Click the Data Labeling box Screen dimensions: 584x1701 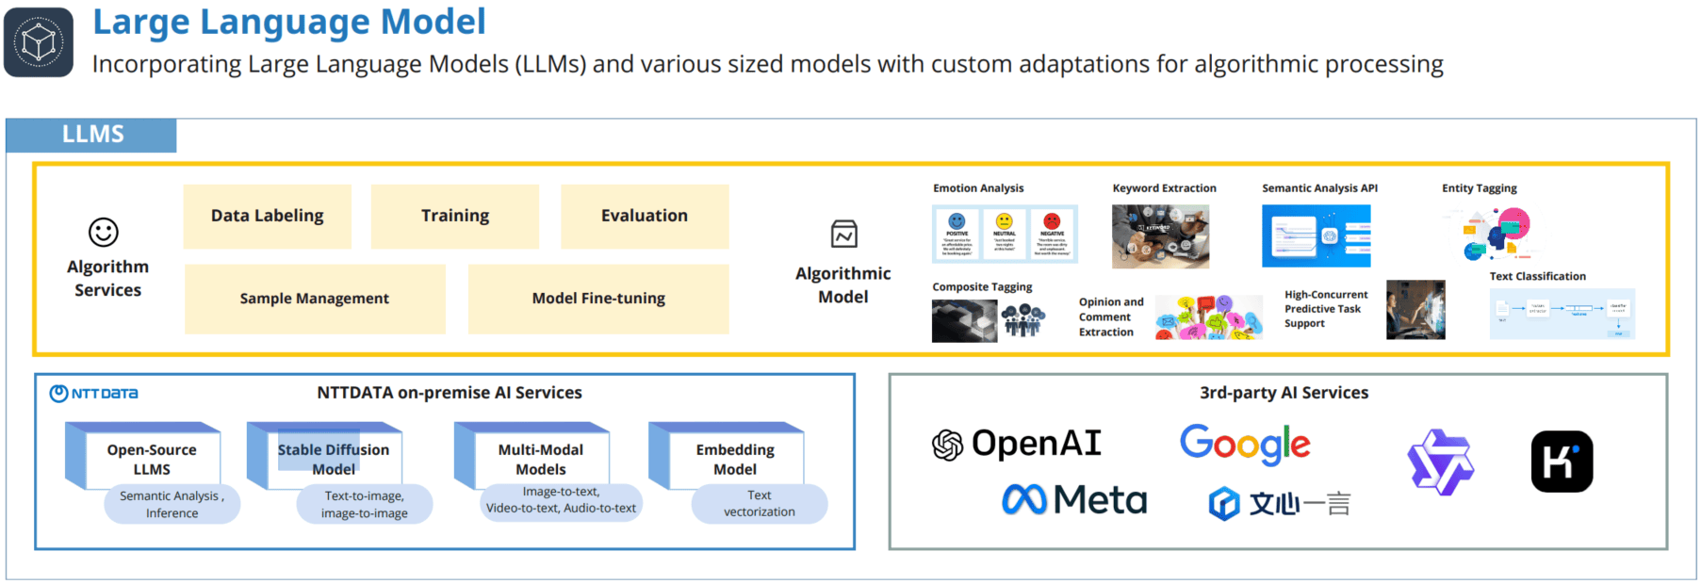[x=267, y=216]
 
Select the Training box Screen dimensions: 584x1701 [x=454, y=216]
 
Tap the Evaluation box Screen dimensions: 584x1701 [x=645, y=216]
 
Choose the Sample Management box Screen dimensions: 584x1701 [x=315, y=299]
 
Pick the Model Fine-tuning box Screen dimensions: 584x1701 [x=598, y=299]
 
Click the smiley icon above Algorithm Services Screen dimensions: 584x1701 [x=104, y=232]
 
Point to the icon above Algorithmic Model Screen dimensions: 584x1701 [x=843, y=234]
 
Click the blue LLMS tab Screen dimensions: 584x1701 [x=91, y=135]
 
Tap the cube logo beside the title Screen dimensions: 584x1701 [x=39, y=42]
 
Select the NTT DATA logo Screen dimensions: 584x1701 [x=94, y=394]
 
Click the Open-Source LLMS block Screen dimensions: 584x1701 [x=151, y=459]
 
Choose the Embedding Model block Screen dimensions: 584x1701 [x=734, y=459]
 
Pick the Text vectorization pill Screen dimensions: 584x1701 [x=759, y=504]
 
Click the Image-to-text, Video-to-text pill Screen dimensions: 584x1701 [x=561, y=500]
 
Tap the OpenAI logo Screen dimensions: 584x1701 [x=1017, y=444]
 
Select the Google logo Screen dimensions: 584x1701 [x=1245, y=444]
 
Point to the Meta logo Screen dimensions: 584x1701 [x=1074, y=499]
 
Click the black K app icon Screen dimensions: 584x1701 [x=1562, y=462]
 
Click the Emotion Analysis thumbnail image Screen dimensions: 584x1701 [x=1005, y=235]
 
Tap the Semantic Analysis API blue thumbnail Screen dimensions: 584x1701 [x=1316, y=236]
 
